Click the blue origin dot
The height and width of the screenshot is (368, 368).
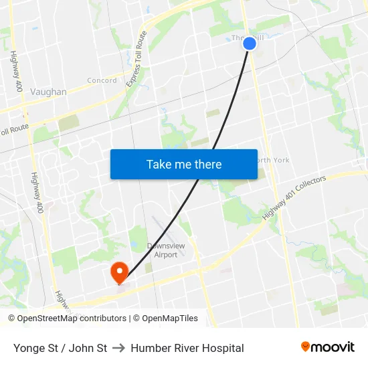pyautogui.click(x=250, y=43)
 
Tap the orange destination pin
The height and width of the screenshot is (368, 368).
pyautogui.click(x=119, y=271)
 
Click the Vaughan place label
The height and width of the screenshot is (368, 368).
pyautogui.click(x=48, y=92)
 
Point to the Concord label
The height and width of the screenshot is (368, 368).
pyautogui.click(x=102, y=81)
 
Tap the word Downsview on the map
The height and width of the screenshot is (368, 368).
pyautogui.click(x=166, y=246)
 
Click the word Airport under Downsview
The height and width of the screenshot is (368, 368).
pyautogui.click(x=166, y=255)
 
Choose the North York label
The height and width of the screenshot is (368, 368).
pyautogui.click(x=272, y=160)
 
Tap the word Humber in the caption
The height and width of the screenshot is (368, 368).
pyautogui.click(x=149, y=348)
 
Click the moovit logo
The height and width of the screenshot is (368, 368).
pyautogui.click(x=327, y=347)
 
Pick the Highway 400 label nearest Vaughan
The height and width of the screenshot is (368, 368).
pyautogui.click(x=17, y=72)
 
